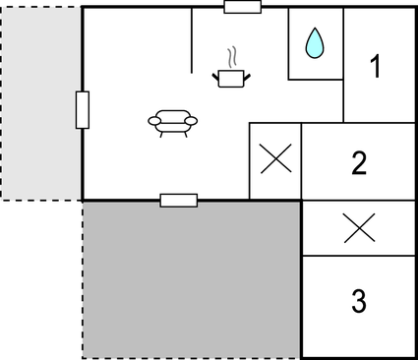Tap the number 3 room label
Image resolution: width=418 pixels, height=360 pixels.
(x=359, y=301)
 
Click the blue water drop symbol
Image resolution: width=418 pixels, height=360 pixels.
(x=314, y=43)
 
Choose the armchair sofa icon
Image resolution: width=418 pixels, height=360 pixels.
(x=173, y=121)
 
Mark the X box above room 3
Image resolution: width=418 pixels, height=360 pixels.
(x=359, y=228)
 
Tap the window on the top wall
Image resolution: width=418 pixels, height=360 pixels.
(x=242, y=7)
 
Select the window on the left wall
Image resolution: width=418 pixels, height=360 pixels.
(x=82, y=109)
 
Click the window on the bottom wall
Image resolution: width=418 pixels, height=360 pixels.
(x=178, y=201)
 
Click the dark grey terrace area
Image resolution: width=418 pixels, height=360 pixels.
(x=190, y=280)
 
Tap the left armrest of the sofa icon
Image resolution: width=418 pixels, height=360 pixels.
(x=154, y=121)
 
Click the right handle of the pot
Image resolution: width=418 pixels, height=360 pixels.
(x=248, y=73)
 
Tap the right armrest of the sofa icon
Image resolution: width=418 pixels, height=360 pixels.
(x=191, y=121)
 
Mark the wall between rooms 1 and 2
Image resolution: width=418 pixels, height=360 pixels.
(x=380, y=123)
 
